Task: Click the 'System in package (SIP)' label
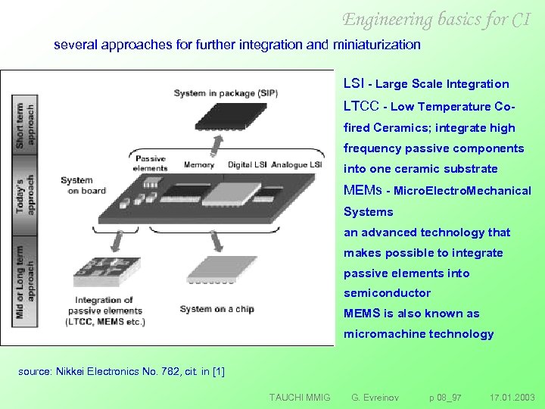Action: [x=226, y=93]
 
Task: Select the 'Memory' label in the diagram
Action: [x=199, y=164]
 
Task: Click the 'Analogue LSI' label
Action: [x=297, y=164]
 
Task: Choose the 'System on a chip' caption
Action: [x=216, y=309]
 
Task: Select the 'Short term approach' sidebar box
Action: [x=25, y=126]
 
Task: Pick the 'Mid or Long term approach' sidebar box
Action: [x=25, y=279]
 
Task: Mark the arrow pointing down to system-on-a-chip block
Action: [x=216, y=241]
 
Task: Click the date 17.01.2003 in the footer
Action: [x=512, y=397]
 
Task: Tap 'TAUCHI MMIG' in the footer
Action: [x=300, y=397]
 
